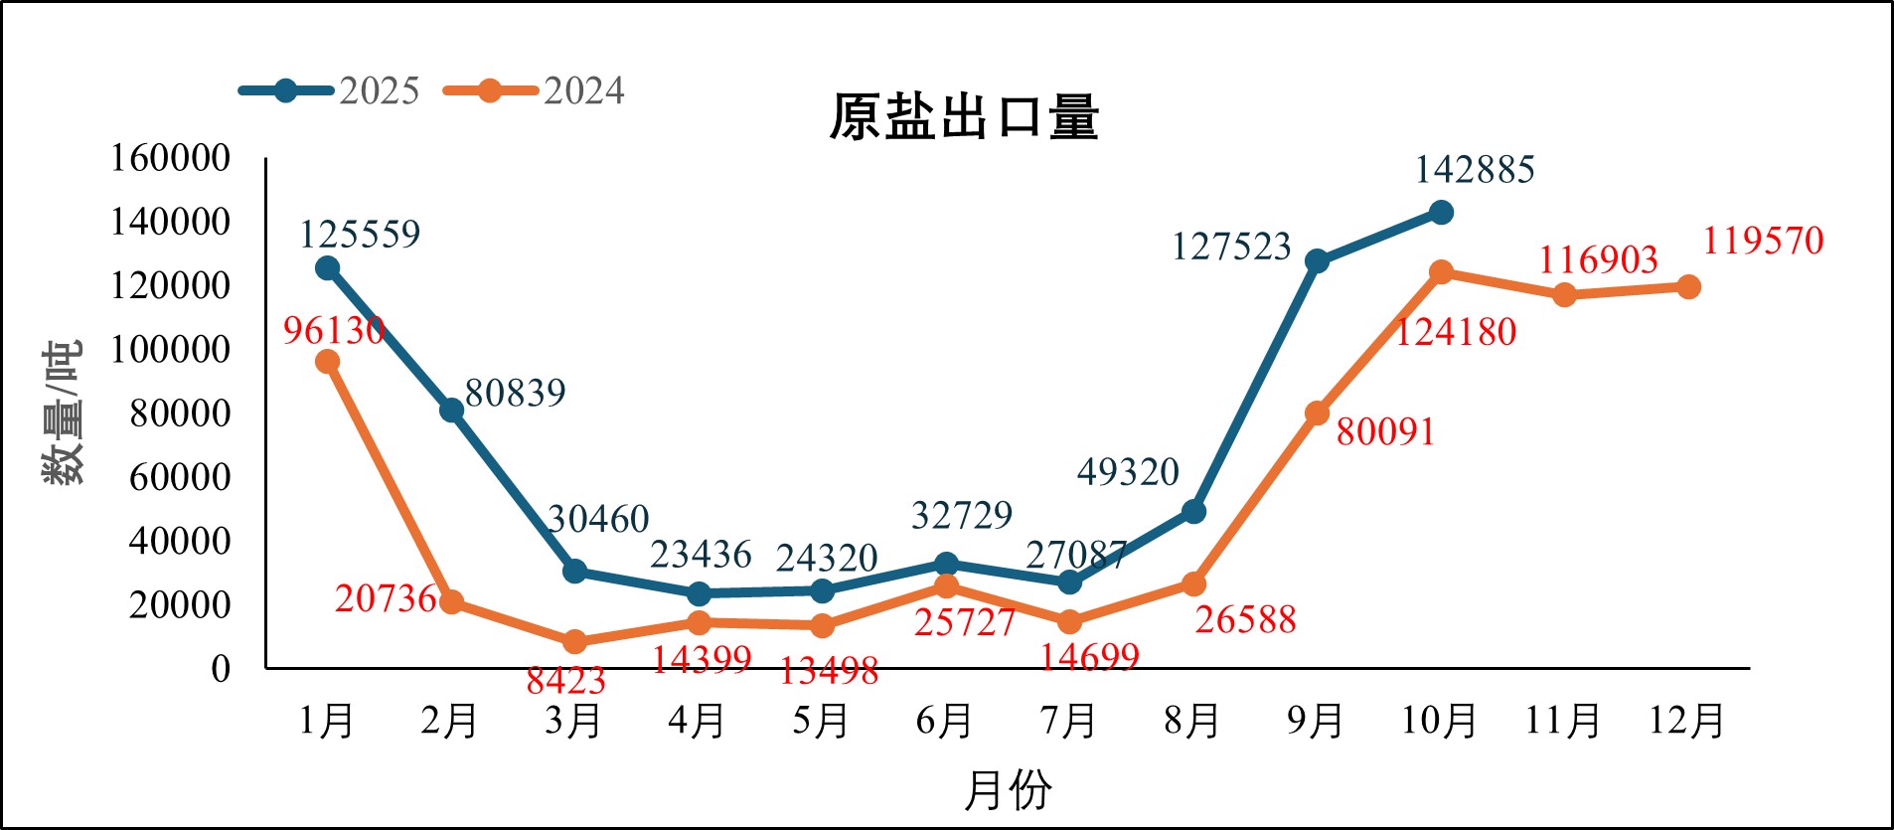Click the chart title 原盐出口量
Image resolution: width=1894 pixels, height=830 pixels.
click(964, 117)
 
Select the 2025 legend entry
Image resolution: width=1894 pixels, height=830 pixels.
click(329, 91)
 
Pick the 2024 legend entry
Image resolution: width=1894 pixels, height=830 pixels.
click(534, 91)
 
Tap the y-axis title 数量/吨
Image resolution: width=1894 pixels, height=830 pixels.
click(62, 413)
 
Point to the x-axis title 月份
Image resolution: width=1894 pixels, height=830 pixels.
click(1008, 790)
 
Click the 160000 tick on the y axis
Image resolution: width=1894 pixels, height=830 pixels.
click(170, 158)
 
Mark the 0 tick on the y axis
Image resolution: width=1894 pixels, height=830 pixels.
click(220, 669)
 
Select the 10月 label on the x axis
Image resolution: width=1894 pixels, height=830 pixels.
click(1439, 721)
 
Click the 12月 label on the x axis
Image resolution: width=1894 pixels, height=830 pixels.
click(1686, 721)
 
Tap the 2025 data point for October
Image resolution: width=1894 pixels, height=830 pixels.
click(1441, 213)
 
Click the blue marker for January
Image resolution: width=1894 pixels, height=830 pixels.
click(327, 268)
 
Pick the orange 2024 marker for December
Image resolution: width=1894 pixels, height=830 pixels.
click(1688, 287)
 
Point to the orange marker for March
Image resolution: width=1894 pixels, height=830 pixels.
click(574, 642)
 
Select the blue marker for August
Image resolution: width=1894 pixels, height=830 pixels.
click(1193, 512)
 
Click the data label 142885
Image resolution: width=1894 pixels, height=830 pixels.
click(1475, 170)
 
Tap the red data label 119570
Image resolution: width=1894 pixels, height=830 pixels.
click(1763, 241)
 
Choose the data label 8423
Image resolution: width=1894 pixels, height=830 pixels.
click(565, 681)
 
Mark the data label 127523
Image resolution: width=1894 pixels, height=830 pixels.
click(1231, 247)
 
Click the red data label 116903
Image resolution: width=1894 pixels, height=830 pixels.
click(1598, 260)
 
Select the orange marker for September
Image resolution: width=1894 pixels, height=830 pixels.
click(1317, 414)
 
